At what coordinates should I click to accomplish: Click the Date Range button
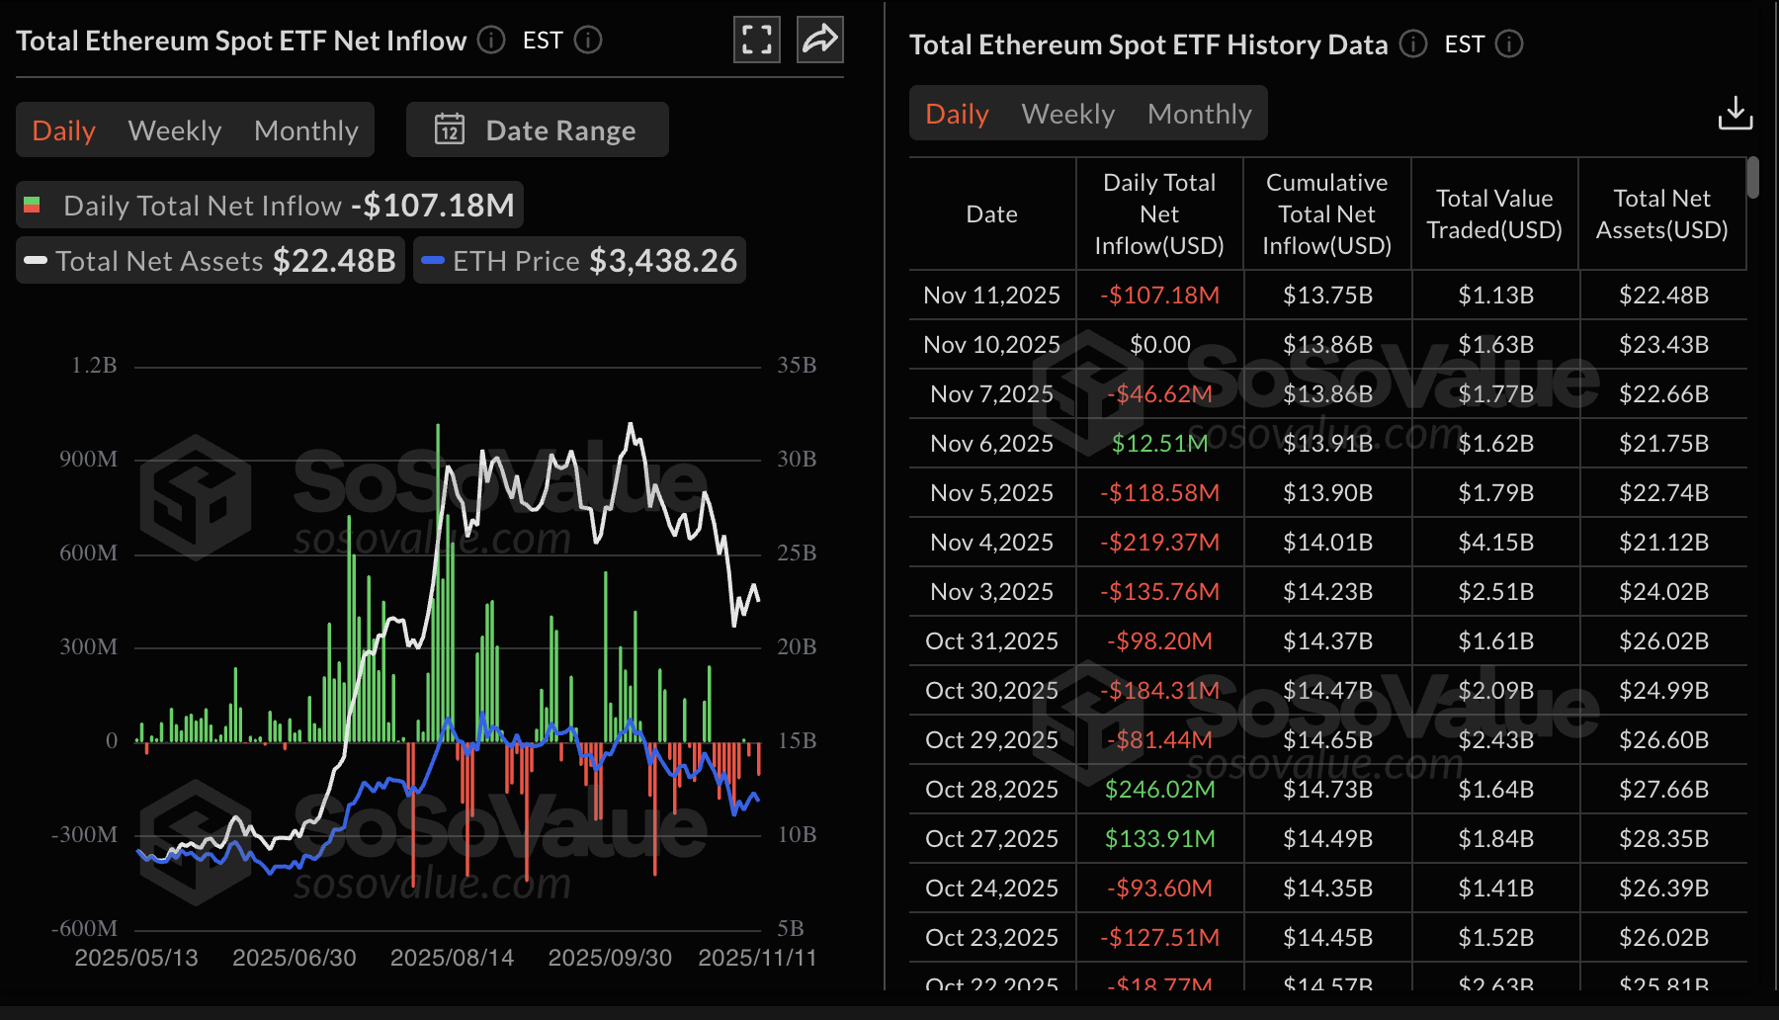(537, 130)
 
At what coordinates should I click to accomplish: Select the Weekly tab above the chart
(174, 130)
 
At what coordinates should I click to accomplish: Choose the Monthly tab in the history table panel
(1199, 114)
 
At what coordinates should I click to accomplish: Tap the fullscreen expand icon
(756, 40)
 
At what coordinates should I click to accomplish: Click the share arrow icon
(819, 40)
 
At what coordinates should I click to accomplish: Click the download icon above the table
(1735, 114)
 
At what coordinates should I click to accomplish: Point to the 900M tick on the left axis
(88, 460)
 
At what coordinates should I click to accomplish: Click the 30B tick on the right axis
(797, 460)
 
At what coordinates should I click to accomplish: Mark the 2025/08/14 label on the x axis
(452, 958)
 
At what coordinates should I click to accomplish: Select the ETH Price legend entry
(579, 261)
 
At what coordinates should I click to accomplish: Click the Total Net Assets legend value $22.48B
(334, 261)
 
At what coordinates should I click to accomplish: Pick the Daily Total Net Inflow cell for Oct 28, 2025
(1159, 790)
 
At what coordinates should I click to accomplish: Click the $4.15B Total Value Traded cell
(1495, 543)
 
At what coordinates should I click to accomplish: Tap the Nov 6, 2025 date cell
(991, 444)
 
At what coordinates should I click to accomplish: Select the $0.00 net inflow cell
(1159, 345)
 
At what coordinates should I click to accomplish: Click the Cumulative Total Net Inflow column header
(1326, 214)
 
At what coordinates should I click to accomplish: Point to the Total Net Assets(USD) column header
(1661, 214)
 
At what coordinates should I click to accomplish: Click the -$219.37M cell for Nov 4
(1159, 543)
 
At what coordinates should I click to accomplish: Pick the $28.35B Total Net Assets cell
(1663, 839)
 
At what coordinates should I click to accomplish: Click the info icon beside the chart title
(491, 41)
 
